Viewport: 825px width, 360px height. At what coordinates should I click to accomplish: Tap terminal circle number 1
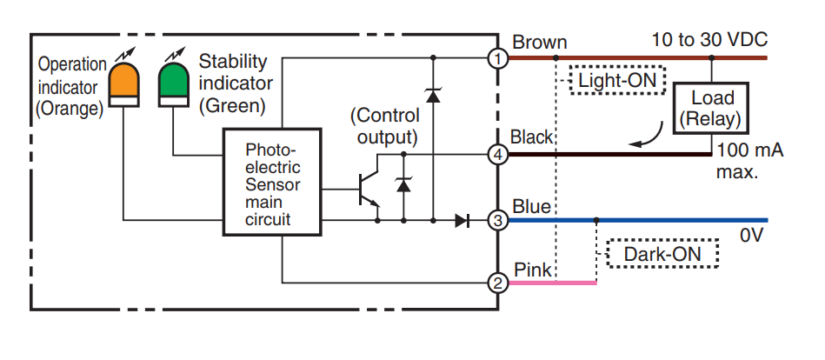click(x=497, y=58)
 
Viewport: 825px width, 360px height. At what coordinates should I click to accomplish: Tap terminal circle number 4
click(x=497, y=155)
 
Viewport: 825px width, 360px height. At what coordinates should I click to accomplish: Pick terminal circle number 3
click(x=497, y=220)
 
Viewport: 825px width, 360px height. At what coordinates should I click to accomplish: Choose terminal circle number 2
click(x=497, y=283)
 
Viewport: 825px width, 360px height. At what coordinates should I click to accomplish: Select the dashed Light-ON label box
click(x=616, y=81)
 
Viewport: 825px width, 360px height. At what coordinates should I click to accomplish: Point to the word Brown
click(x=539, y=42)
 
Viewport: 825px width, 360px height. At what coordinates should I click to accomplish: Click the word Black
click(x=533, y=137)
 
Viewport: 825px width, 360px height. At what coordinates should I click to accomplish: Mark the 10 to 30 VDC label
click(x=709, y=40)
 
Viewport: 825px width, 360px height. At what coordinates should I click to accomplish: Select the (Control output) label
click(x=384, y=126)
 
